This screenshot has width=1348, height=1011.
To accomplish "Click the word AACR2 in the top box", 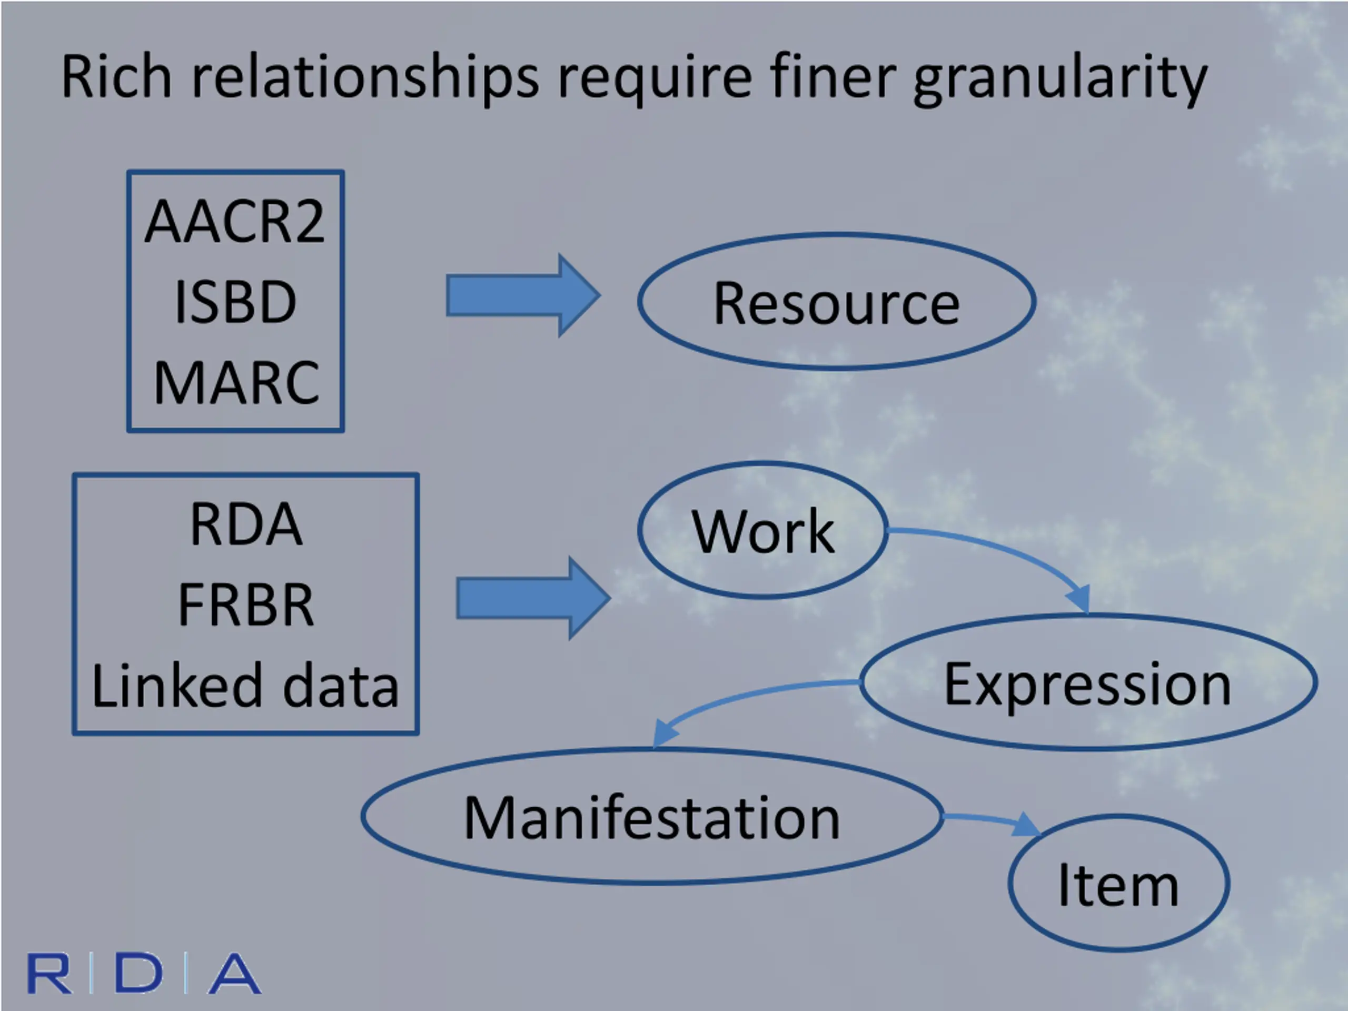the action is click(235, 221).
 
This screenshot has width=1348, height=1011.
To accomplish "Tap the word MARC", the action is click(236, 383).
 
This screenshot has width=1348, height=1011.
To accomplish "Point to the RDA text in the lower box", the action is click(245, 524).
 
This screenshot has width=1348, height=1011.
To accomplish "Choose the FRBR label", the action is click(245, 604).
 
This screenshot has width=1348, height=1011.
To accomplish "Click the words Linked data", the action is click(245, 685).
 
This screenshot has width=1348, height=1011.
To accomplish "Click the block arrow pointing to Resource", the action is click(523, 295).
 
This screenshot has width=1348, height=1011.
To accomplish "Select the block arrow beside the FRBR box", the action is click(533, 598).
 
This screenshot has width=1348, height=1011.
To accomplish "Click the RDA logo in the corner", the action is click(144, 973).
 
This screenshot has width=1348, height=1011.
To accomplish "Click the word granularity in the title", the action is click(1060, 79).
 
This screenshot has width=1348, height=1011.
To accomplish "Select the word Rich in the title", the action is click(116, 76).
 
